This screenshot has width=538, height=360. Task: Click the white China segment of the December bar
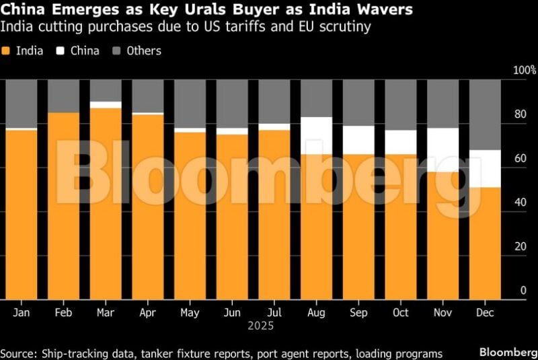point(485,168)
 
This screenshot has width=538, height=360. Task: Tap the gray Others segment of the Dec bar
point(485,114)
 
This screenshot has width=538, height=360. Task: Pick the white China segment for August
point(316,135)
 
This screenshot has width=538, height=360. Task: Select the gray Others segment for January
point(21,103)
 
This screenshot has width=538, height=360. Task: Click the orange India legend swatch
point(6,51)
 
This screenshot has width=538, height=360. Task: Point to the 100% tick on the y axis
point(524,71)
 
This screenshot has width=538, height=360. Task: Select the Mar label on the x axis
point(106,313)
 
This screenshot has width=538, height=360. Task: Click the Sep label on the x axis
point(358,313)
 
